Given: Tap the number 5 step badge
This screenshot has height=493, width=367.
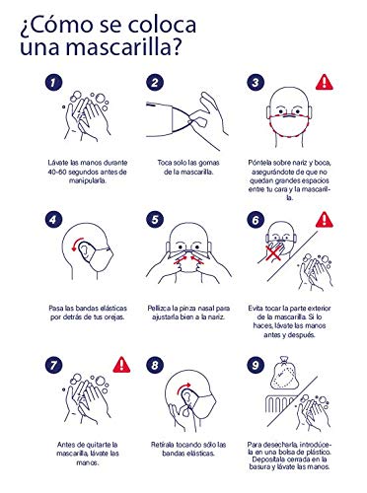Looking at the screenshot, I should (155, 220).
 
